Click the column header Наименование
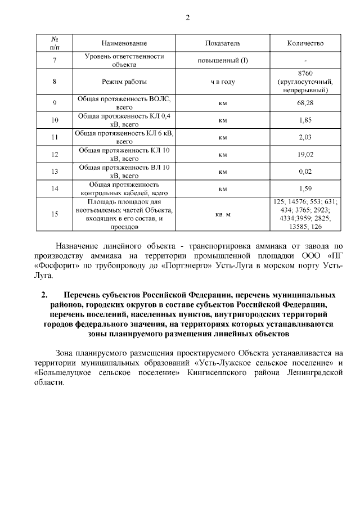[124, 43]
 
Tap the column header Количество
[305, 43]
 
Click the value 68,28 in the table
[305, 102]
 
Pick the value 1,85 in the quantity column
[305, 120]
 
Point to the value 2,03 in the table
[305, 137]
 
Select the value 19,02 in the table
[305, 154]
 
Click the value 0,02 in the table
[305, 171]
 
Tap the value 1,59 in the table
[305, 188]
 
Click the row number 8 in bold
[55, 82]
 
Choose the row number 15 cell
[55, 214]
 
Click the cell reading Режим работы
[124, 82]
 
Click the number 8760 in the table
[305, 73]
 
